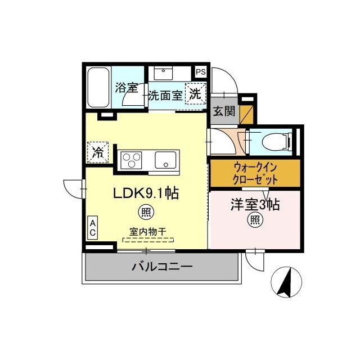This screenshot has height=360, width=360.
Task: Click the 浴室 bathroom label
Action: pos(127,88)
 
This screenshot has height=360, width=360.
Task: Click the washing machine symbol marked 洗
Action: pos(195,94)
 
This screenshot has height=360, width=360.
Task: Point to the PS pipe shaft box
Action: pos(200,71)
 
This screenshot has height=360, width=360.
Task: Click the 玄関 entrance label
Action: pos(224,110)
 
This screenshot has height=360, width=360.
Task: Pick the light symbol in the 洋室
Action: pos(255,221)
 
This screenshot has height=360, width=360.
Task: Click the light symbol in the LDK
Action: pos(146,213)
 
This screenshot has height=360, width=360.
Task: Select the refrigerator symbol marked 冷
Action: pos(97,152)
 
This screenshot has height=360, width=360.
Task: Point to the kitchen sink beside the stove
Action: pos(166,160)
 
